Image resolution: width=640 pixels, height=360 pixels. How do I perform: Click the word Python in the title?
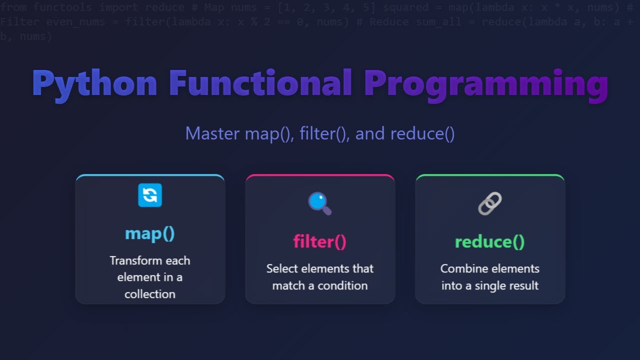click(x=94, y=83)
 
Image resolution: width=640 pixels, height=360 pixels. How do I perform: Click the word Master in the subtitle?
click(x=213, y=133)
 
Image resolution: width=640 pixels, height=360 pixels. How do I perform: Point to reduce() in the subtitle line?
click(x=422, y=133)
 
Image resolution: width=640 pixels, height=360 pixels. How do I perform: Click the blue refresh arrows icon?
click(x=150, y=195)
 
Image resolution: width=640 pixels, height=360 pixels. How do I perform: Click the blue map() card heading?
click(x=150, y=233)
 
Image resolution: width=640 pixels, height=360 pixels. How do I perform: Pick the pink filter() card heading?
click(x=320, y=241)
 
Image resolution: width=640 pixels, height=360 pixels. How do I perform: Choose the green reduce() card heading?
click(x=490, y=241)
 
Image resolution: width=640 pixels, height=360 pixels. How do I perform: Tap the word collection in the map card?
click(x=150, y=294)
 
